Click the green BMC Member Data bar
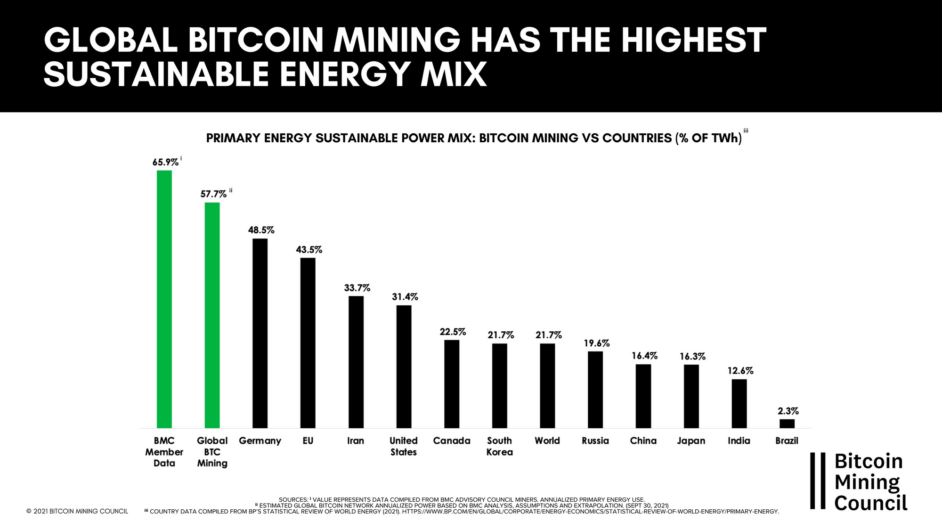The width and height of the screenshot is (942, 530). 164,299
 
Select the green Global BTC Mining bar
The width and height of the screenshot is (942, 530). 212,315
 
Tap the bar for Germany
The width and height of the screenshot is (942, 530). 260,333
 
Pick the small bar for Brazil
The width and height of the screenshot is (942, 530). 787,424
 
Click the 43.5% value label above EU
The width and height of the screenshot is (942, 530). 309,250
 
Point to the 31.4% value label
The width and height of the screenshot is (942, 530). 405,297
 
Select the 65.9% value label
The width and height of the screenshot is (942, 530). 165,162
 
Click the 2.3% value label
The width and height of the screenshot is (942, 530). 788,411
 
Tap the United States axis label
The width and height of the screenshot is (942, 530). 403,446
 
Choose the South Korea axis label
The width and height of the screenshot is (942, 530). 499,446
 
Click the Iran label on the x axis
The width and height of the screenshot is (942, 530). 355,440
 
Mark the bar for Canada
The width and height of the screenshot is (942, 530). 452,384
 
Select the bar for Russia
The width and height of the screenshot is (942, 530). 595,390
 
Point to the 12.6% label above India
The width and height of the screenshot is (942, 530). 740,371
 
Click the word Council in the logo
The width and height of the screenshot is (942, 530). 870,503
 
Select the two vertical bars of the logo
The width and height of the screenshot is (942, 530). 818,481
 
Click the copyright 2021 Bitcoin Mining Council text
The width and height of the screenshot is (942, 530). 77,511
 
